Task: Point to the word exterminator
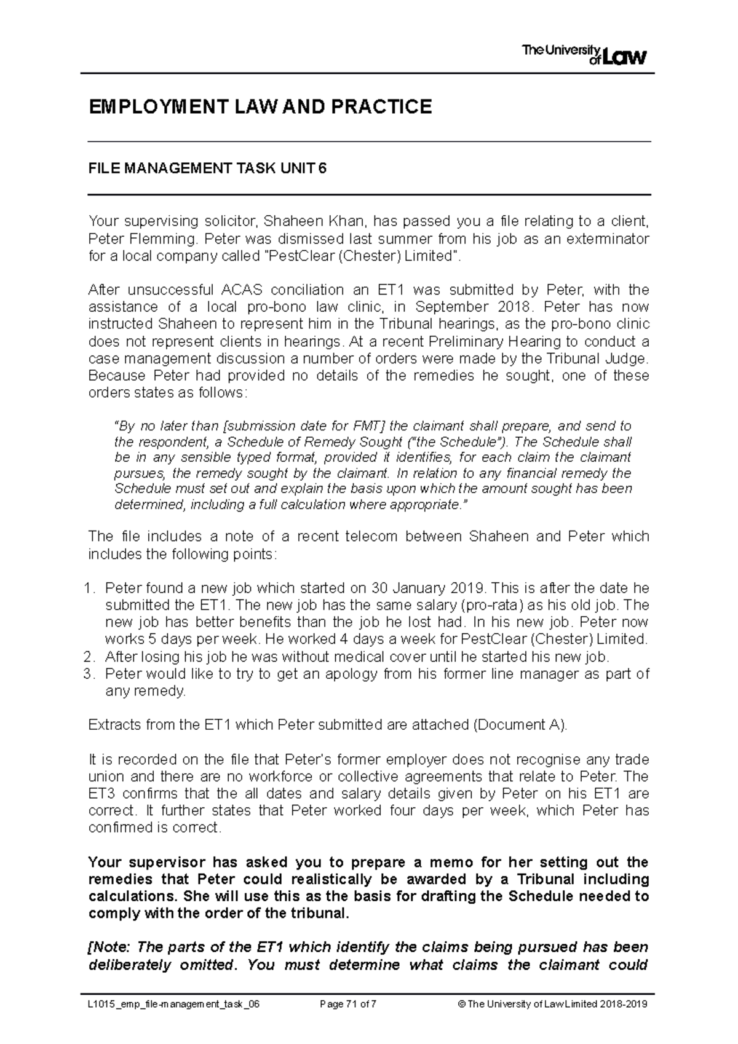click(x=606, y=238)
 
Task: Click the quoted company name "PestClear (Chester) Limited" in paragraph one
click(x=361, y=256)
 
